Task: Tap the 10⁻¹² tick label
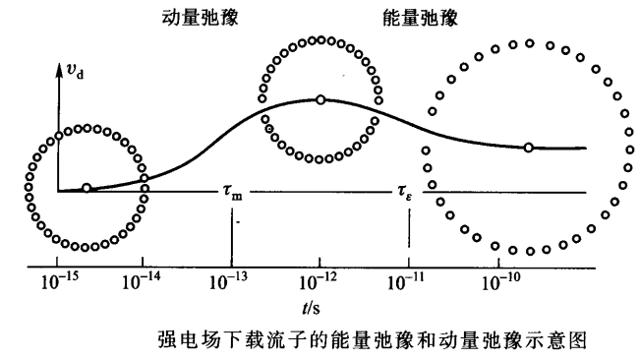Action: [319, 283]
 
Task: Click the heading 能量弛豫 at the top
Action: [414, 18]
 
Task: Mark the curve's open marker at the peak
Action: [320, 99]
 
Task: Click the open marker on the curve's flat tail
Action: [529, 148]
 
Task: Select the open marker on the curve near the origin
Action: [87, 188]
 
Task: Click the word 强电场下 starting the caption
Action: [192, 340]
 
